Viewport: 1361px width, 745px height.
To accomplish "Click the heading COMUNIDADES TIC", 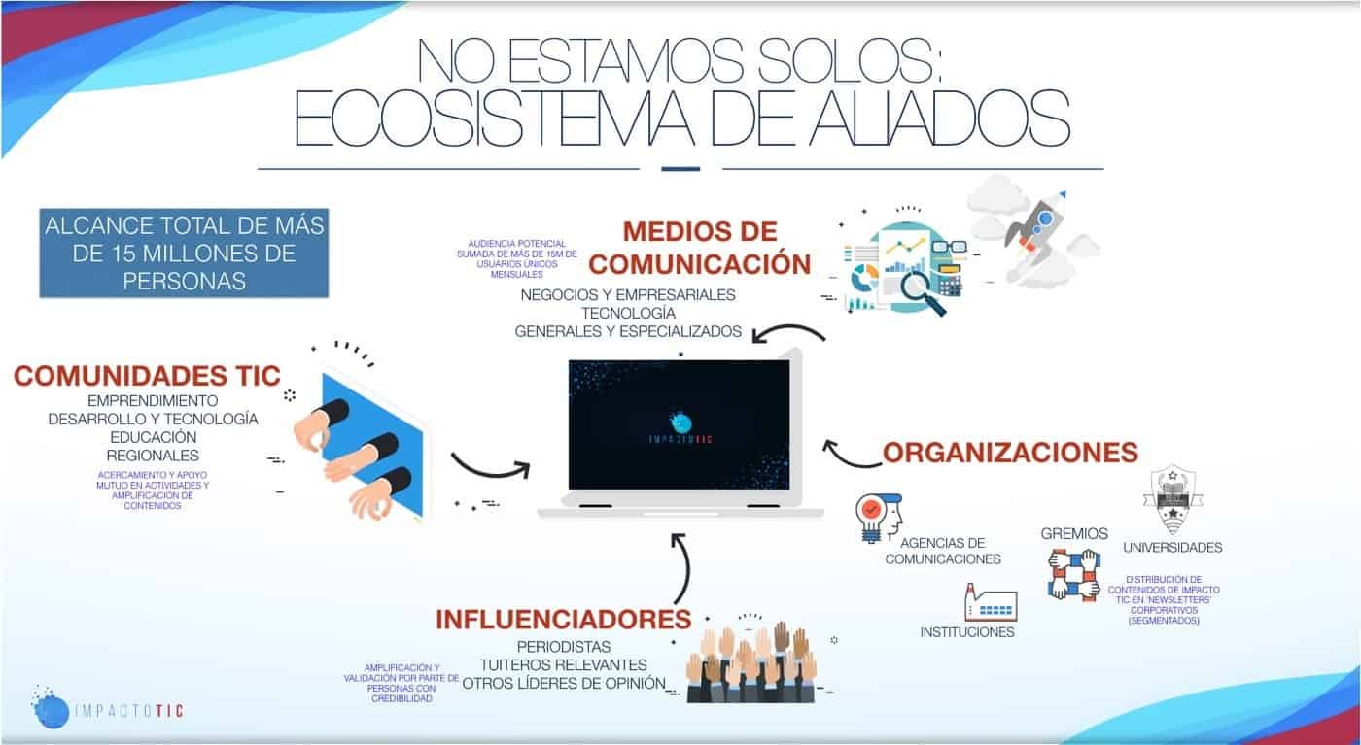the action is pos(147,376).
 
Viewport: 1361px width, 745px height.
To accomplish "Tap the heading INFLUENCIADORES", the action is pos(563,620).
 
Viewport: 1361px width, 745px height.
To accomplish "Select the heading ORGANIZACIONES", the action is pos(1010,453).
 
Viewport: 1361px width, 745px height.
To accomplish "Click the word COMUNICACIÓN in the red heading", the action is pos(699,264).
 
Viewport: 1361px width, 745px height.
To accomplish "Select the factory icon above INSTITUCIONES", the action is pos(991,602).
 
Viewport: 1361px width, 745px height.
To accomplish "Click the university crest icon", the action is pos(1172,499).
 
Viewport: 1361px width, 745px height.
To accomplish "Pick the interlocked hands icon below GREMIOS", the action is pos(1073,574).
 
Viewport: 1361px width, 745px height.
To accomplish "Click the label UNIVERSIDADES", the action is pos(1172,548).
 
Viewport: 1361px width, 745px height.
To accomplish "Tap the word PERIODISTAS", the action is pos(564,647).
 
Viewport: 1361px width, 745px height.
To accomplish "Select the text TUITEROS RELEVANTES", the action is pos(563,665).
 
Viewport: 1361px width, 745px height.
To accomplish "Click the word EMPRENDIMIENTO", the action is pos(153,401).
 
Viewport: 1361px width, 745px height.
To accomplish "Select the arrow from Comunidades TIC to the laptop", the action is pos(490,470).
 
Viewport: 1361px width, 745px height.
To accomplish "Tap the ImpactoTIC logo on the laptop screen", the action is pos(680,427).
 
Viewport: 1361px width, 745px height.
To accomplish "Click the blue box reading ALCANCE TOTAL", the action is pos(184,254).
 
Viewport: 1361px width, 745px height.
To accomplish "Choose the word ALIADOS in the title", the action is pos(939,119).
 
